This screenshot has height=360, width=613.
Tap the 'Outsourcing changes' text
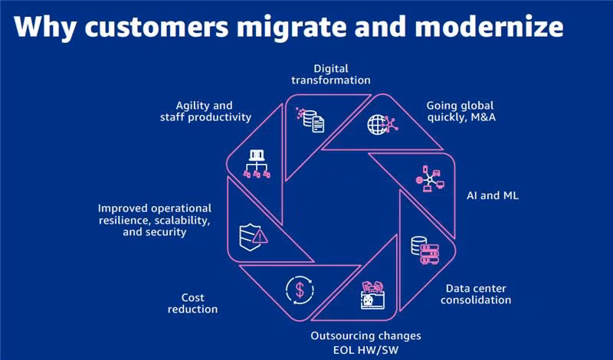pyautogui.click(x=366, y=335)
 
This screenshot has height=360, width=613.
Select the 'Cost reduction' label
pyautogui.click(x=198, y=303)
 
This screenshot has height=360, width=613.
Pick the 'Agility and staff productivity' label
pyautogui.click(x=203, y=111)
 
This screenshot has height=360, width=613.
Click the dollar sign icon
pyautogui.click(x=298, y=289)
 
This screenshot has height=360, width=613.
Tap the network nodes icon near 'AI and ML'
pyautogui.click(x=431, y=178)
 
